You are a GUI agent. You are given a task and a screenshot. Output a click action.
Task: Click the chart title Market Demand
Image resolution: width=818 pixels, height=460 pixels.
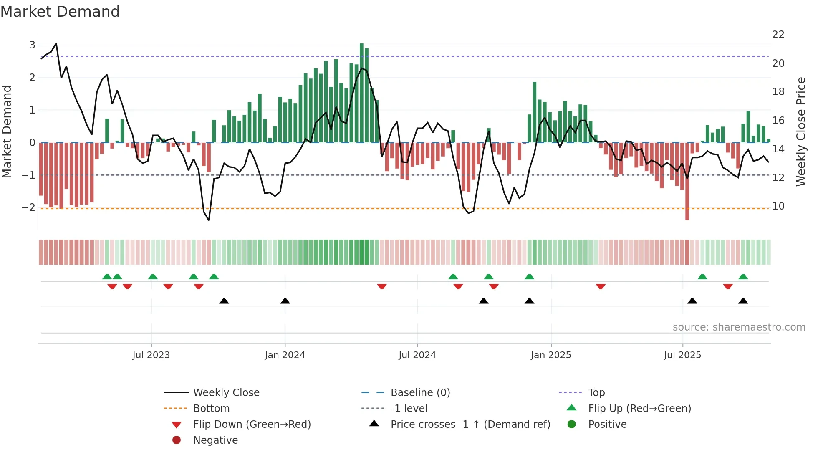(x=60, y=12)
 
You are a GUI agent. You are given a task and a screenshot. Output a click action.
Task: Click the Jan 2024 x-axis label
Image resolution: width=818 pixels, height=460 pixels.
(x=285, y=355)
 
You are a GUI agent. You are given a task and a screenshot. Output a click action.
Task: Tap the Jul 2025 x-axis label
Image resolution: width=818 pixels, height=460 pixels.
(x=682, y=355)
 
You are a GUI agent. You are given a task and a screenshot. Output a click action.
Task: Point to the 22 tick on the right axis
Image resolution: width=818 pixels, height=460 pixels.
(x=778, y=35)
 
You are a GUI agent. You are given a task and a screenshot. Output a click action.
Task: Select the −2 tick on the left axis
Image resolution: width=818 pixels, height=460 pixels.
(x=28, y=207)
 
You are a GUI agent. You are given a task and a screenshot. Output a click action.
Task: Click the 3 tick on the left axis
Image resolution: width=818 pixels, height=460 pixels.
(x=32, y=45)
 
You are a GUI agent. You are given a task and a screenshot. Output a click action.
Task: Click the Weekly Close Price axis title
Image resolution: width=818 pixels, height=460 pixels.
(x=800, y=131)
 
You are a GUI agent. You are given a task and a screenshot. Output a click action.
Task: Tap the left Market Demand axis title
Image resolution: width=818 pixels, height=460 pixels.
(x=7, y=131)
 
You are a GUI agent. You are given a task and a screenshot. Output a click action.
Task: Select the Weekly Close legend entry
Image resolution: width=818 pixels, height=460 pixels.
(x=226, y=393)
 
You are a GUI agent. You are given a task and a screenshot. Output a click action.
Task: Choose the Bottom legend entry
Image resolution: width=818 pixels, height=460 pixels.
(x=211, y=409)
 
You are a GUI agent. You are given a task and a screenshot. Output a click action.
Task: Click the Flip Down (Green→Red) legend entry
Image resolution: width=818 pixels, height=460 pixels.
(x=252, y=425)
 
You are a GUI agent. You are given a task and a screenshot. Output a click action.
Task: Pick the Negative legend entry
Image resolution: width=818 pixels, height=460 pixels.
(x=215, y=440)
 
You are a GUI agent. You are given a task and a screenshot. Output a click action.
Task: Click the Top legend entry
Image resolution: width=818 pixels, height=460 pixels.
(x=596, y=393)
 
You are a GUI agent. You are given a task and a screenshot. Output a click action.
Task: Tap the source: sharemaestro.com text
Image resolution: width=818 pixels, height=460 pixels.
(x=739, y=327)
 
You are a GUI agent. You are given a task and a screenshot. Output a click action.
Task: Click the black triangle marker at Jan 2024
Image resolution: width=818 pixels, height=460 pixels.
(x=285, y=301)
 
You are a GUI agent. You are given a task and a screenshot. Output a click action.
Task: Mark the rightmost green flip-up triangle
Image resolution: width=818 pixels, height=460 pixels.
(x=743, y=277)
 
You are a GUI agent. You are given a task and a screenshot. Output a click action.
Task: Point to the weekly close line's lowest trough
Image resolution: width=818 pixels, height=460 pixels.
(x=209, y=220)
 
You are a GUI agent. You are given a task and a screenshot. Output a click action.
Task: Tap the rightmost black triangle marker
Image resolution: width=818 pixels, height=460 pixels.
(x=743, y=301)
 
